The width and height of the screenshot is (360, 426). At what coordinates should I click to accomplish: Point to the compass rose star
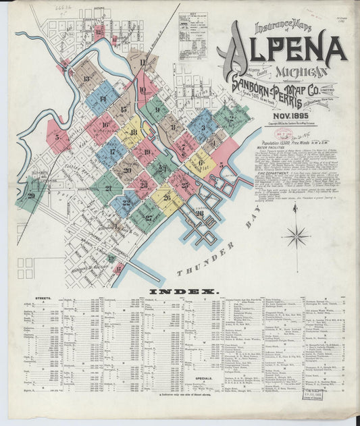click(296, 236)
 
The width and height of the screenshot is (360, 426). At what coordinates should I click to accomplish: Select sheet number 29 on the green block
click(31, 196)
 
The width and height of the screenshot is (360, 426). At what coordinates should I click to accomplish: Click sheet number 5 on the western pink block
click(57, 137)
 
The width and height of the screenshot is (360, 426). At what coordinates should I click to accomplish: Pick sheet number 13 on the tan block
click(86, 79)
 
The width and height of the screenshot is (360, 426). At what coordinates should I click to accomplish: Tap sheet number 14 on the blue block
click(103, 99)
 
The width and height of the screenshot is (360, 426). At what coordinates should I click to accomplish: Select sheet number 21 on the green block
click(108, 188)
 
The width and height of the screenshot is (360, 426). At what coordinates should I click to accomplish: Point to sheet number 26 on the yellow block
click(166, 197)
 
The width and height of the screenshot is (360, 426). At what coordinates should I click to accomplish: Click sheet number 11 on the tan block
click(143, 63)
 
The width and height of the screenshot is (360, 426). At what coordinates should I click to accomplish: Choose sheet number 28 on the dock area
click(199, 213)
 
